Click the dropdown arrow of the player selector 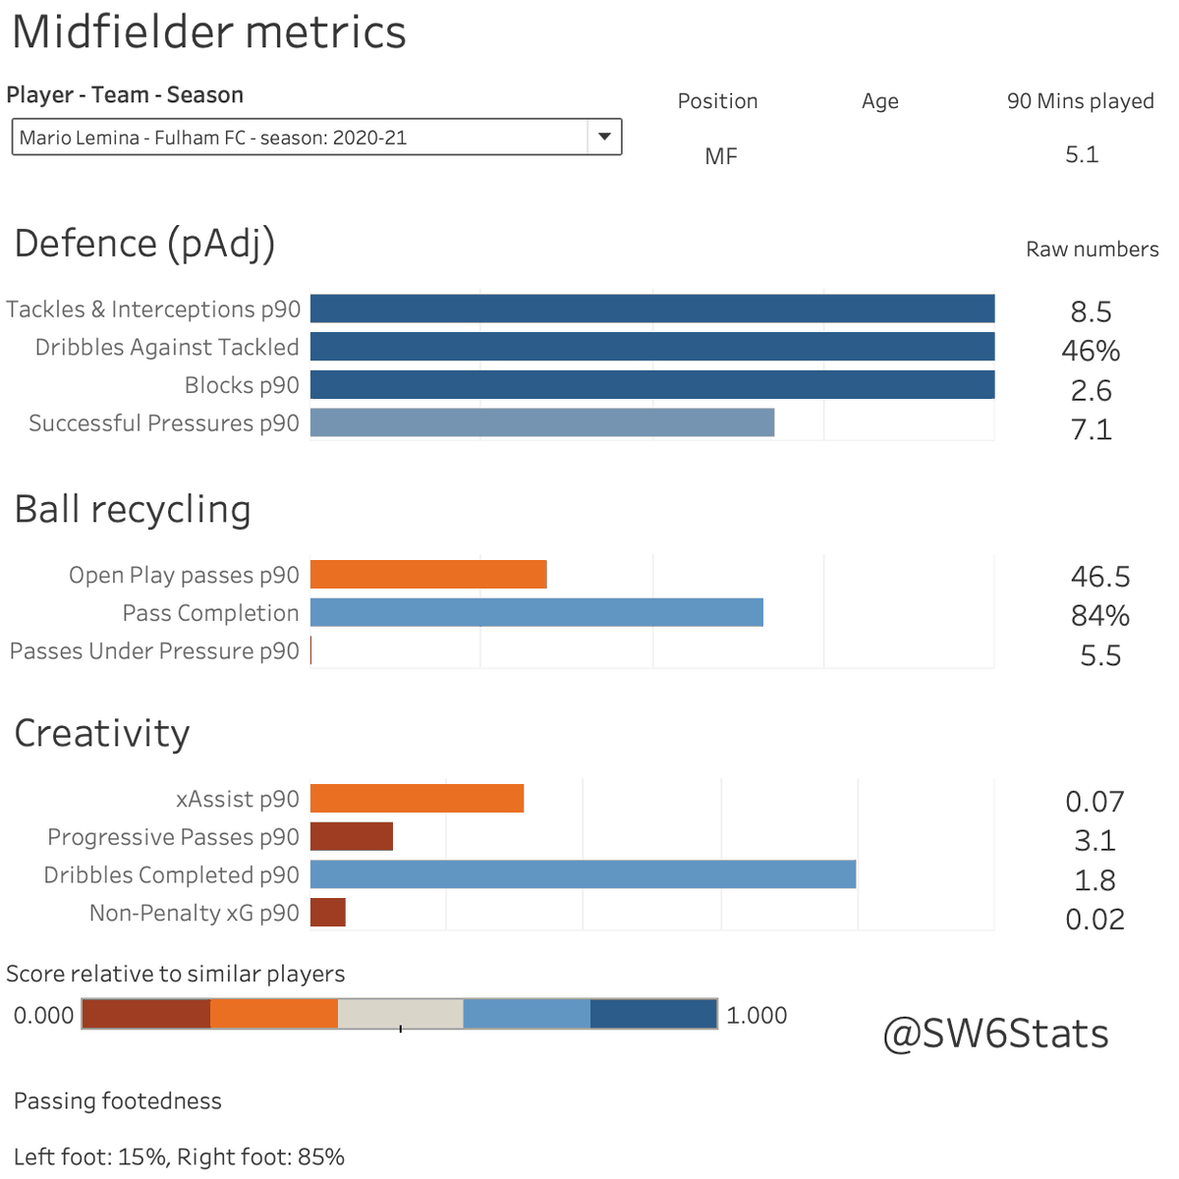click(x=604, y=137)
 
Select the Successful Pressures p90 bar click(x=542, y=422)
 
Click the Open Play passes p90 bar click(x=428, y=575)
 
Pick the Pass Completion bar click(x=536, y=613)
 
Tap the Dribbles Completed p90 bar click(x=583, y=874)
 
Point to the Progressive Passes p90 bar click(x=352, y=837)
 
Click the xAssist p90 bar click(x=417, y=799)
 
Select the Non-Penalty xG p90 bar click(x=328, y=913)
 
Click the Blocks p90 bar click(x=652, y=385)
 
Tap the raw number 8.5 click(x=1091, y=312)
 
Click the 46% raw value click(x=1091, y=351)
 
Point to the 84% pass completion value click(x=1099, y=616)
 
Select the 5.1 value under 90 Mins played click(x=1081, y=155)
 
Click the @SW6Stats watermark click(x=995, y=1034)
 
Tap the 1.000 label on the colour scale click(x=756, y=1015)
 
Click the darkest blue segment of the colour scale click(x=653, y=1014)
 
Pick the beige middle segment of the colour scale click(x=400, y=1014)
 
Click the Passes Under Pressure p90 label click(x=154, y=651)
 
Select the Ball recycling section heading click(x=133, y=510)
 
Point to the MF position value click(x=720, y=157)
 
